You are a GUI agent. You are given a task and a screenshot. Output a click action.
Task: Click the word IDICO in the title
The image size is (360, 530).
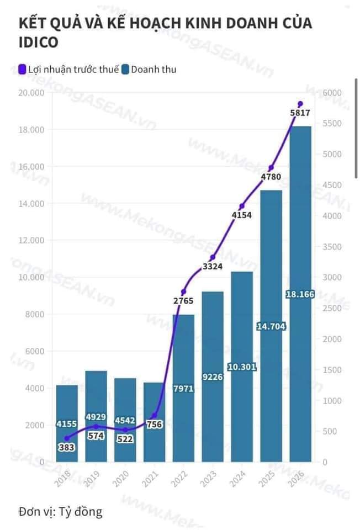38,43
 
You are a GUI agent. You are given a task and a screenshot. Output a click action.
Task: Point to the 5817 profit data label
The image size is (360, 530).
300,113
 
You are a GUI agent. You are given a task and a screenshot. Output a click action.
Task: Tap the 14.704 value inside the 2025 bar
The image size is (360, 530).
271,326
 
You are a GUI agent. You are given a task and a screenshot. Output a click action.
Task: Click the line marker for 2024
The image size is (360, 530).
242,206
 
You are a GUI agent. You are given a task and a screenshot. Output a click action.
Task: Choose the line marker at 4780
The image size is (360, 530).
271,168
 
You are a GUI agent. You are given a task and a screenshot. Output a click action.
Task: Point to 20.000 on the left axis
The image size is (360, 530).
31,93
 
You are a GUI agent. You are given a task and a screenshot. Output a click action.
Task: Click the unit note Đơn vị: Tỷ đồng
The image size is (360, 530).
60,511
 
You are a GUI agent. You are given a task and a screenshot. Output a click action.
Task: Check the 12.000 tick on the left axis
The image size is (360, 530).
31,241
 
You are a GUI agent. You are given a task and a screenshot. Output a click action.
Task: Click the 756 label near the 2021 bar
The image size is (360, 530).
155,425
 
